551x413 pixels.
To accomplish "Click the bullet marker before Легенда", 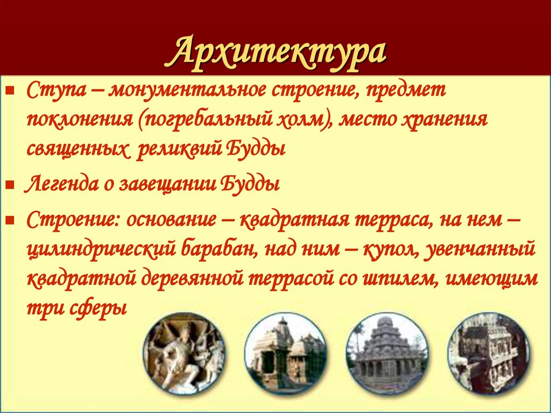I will (x=10, y=185).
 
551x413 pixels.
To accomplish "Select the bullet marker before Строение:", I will (x=10, y=220).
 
